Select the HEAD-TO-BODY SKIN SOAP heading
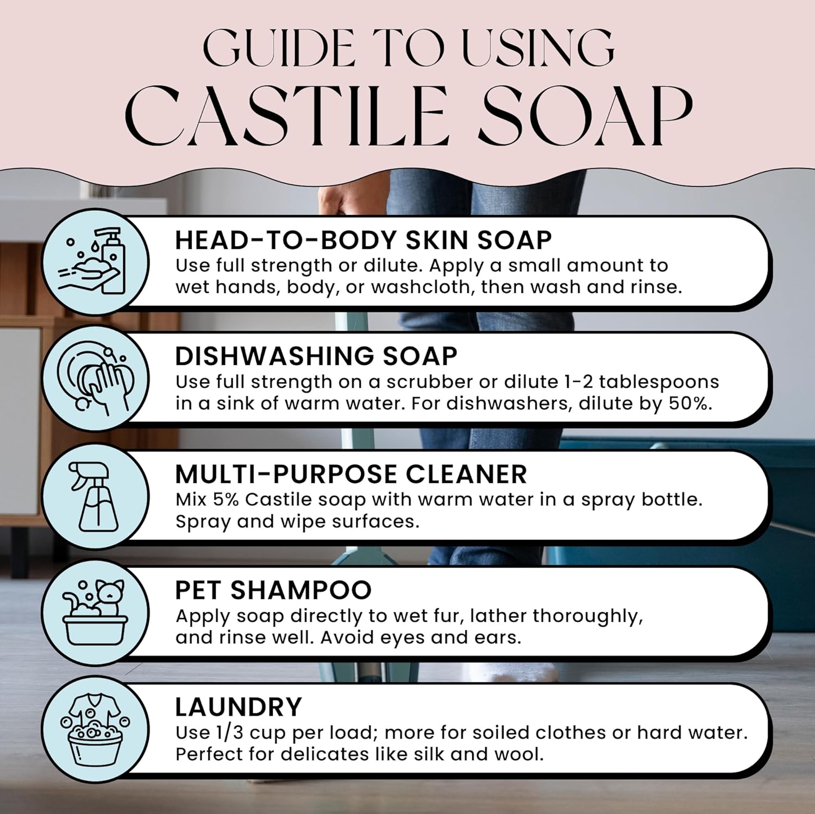[x=363, y=240]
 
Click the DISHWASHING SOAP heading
[x=316, y=356]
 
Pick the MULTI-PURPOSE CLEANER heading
[x=350, y=474]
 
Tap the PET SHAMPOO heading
[x=273, y=590]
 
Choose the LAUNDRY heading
[x=238, y=707]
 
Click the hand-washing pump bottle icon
[x=96, y=261]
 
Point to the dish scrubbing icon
[x=96, y=378]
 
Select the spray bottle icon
[x=96, y=495]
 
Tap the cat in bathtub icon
[x=96, y=612]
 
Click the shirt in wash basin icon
[x=96, y=729]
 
